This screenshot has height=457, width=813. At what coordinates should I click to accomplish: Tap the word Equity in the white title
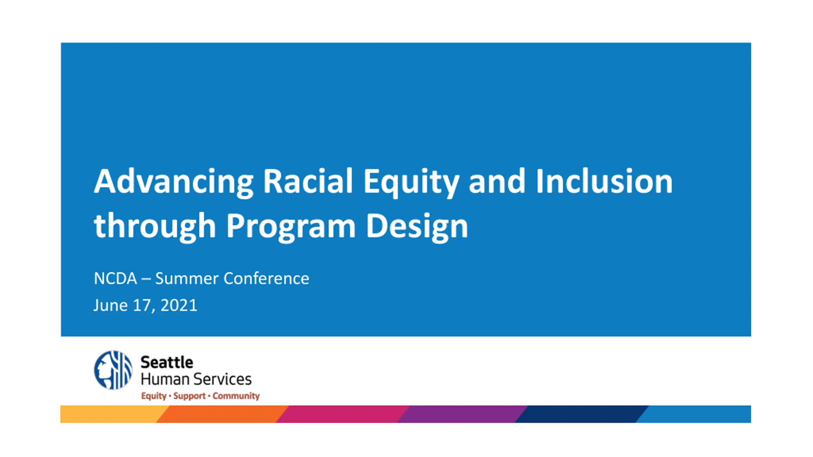point(411,182)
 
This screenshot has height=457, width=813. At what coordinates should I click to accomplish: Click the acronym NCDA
point(115,278)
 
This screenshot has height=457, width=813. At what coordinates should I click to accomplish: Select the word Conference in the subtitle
point(266,278)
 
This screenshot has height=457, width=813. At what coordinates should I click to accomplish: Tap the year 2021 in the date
point(179,305)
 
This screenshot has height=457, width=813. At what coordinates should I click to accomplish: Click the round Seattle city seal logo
point(113,370)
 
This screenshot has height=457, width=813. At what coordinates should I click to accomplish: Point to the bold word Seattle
point(167,362)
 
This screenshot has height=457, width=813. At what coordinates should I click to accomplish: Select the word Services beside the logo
point(223,379)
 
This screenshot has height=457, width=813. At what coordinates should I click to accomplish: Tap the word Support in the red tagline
point(189,396)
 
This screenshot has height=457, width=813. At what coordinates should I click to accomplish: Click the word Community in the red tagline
point(236,396)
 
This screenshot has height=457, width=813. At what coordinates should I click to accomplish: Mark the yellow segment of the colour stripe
point(110,414)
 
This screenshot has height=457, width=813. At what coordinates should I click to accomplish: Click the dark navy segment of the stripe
point(581,414)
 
